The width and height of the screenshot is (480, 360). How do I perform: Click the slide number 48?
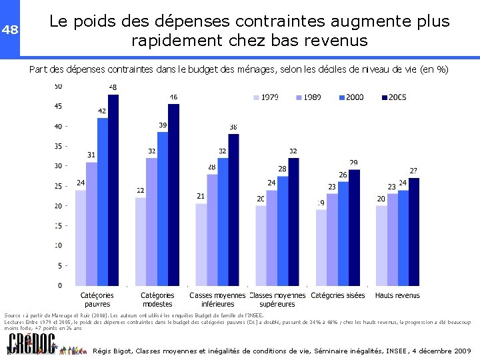tap(9, 29)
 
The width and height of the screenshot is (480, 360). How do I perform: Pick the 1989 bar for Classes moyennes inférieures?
tap(212, 229)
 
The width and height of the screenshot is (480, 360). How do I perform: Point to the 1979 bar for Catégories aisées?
tap(321, 247)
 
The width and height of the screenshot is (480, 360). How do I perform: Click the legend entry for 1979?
tap(264, 97)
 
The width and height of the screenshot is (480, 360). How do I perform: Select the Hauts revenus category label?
tap(397, 295)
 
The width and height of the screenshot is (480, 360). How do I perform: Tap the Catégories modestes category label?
tap(157, 299)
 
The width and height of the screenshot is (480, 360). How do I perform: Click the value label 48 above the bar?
tap(113, 87)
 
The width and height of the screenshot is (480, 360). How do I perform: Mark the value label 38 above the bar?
tap(233, 127)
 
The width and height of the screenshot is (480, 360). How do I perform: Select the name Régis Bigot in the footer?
tap(113, 351)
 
